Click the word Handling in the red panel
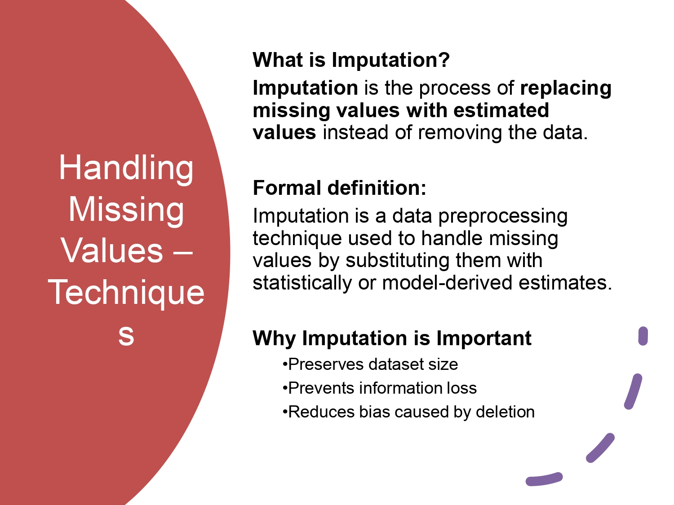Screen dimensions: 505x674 126,168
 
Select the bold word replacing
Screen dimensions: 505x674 566,88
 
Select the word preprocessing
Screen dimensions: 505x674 503,216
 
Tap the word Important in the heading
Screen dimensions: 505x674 484,338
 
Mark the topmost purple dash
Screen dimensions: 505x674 643,336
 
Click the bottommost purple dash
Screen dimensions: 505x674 544,479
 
